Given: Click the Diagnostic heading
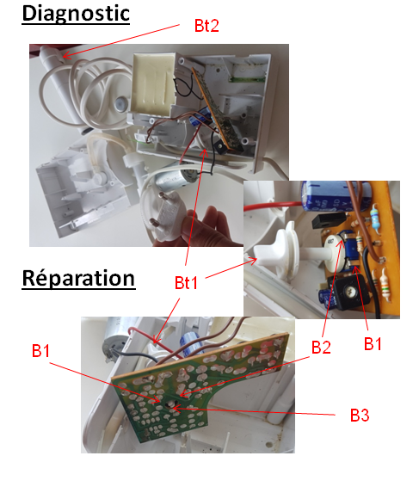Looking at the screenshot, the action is [x=76, y=15].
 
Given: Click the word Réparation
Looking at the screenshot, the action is [x=78, y=279].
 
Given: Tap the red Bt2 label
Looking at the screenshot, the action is [x=206, y=26].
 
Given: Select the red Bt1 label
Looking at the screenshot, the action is [x=186, y=282].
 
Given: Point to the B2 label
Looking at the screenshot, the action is [x=321, y=347].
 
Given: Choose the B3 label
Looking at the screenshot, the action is [x=360, y=416].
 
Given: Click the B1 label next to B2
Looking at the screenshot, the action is [x=373, y=343].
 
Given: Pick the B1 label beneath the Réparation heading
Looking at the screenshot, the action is [x=40, y=351].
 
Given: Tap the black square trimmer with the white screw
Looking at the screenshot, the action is [x=351, y=291].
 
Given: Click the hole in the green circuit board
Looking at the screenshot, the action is [x=169, y=405].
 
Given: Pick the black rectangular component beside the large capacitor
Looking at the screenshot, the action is [x=329, y=220].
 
